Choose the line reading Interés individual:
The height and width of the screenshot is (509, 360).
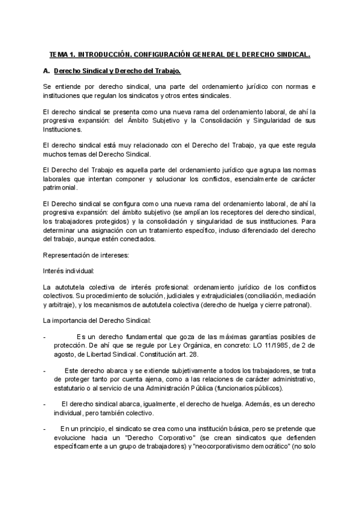[68, 271]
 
